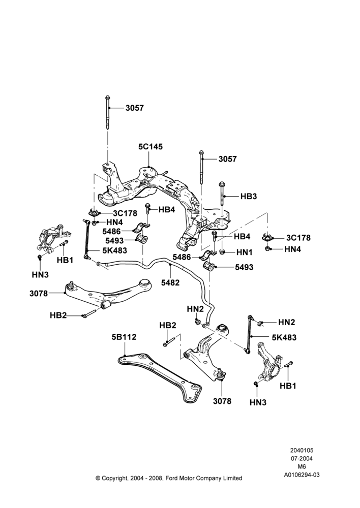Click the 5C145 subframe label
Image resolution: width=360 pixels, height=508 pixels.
point(151,147)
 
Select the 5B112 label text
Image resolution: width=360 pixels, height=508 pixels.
point(124,337)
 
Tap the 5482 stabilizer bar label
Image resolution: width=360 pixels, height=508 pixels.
point(170,283)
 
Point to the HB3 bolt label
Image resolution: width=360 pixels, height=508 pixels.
point(249,196)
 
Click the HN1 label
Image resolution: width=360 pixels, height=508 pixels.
point(244,252)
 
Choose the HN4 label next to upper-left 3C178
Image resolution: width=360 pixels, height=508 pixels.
point(114,223)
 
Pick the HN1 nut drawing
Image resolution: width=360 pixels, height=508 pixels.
point(222,251)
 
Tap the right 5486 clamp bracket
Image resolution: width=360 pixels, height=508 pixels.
point(208,256)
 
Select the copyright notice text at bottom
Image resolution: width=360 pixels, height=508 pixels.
point(169,478)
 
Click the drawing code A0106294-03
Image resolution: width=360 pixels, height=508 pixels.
point(302,474)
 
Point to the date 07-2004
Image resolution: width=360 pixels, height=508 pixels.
point(302,458)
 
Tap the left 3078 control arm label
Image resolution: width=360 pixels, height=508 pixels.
point(39,294)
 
